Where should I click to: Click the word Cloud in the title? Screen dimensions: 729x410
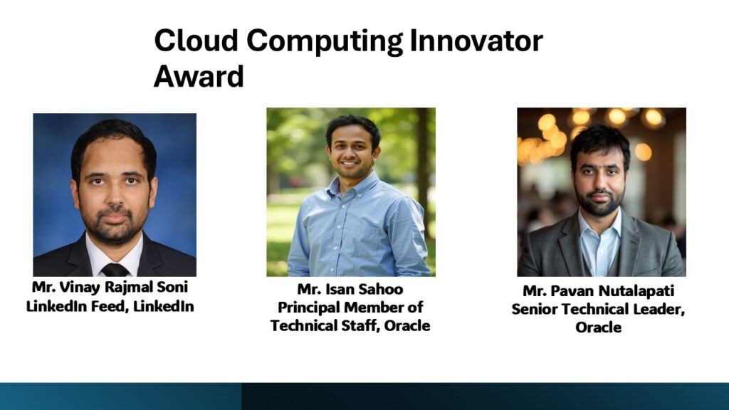tap(196, 41)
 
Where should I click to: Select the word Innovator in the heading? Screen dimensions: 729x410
tap(476, 41)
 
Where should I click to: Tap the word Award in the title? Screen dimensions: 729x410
tap(199, 75)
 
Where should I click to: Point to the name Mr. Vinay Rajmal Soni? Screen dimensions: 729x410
tap(110, 288)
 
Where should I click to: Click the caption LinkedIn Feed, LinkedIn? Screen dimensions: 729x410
tap(110, 306)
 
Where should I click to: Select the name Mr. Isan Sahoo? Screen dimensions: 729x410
tap(350, 289)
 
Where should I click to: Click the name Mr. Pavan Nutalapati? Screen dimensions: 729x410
tap(598, 291)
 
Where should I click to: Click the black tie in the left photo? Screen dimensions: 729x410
tap(115, 270)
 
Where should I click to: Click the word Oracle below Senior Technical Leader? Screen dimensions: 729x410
tap(598, 327)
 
